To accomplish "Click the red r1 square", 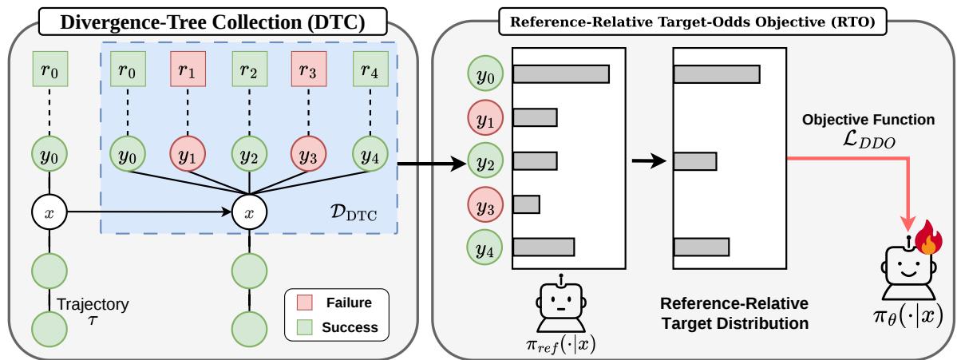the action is pos(188,69).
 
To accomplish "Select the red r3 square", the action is pos(310,69).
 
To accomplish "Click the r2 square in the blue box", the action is pos(249,69).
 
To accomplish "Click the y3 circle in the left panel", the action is pos(310,156).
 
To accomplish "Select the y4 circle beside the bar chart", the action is pos(484,247).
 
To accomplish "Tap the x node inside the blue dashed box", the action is pos(249,213).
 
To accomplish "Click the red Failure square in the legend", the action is pos(304,302).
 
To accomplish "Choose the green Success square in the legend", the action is pos(304,327).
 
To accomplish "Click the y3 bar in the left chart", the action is pos(526,204).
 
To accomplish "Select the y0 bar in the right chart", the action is pos(717,73).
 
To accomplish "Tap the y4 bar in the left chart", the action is pos(544,247).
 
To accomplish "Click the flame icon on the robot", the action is pos(928,238).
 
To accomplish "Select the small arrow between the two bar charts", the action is pos(647,162).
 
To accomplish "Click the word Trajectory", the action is pos(92,303).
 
